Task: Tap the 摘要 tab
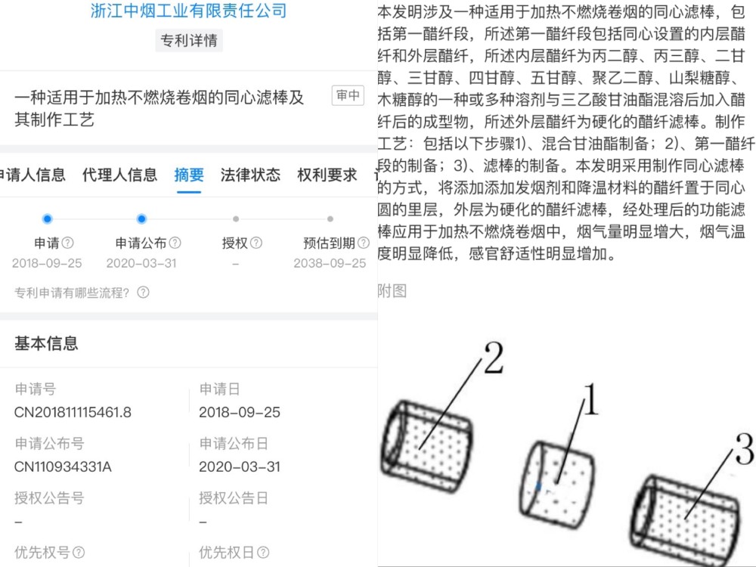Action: click(x=189, y=175)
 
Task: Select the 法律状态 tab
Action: click(x=250, y=175)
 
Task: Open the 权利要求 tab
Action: click(x=327, y=175)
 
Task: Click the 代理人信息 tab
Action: click(x=119, y=175)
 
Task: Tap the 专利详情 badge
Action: click(x=190, y=41)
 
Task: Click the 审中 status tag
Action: click(x=348, y=95)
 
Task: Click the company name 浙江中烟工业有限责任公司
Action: click(x=189, y=11)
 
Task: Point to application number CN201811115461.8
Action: click(x=73, y=412)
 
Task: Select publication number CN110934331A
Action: click(x=63, y=466)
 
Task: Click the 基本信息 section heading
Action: click(x=46, y=344)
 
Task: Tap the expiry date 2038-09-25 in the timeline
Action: click(x=330, y=263)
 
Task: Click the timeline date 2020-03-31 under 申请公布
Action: click(x=141, y=263)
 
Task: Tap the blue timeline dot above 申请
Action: click(x=48, y=219)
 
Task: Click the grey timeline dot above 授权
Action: click(x=236, y=219)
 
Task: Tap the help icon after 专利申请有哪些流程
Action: click(x=143, y=293)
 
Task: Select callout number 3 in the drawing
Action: click(x=744, y=452)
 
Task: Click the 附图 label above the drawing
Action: click(x=392, y=291)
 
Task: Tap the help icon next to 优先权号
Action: click(x=79, y=553)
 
